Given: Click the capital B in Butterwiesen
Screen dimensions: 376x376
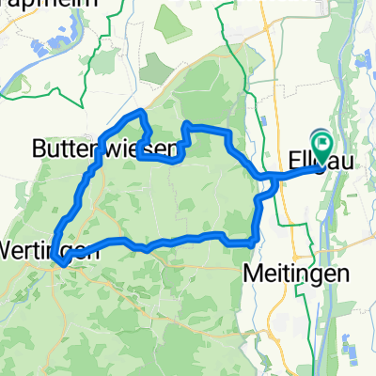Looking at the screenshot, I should point(39,148).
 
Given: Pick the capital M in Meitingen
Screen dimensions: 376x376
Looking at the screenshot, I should point(250,274).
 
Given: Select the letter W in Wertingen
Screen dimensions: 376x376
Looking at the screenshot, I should point(10,251).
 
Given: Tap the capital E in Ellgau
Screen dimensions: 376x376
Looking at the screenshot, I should point(292,163).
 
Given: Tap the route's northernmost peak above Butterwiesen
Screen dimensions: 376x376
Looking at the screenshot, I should point(142,112).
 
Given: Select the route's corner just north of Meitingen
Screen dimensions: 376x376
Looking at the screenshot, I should point(253,242).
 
